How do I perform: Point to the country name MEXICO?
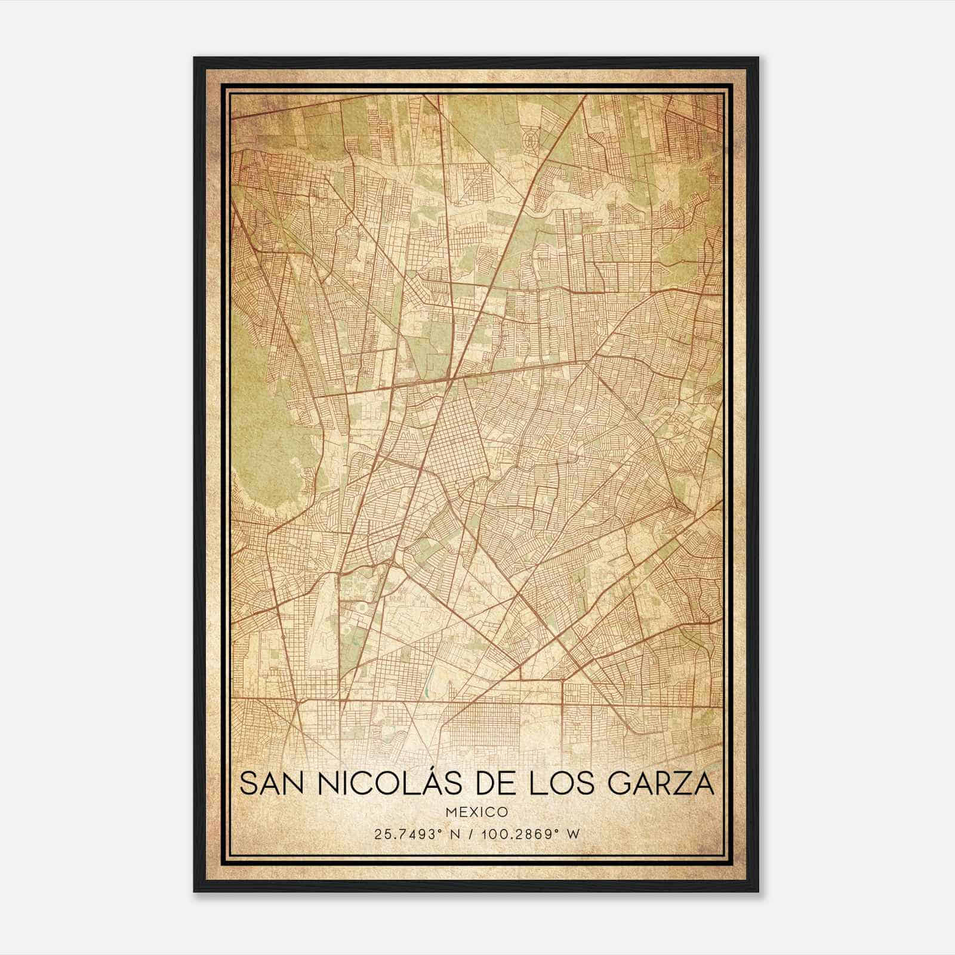pos(477,812)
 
